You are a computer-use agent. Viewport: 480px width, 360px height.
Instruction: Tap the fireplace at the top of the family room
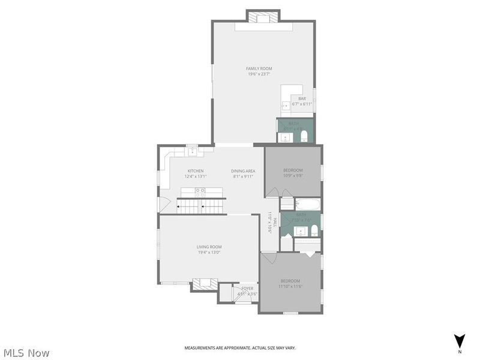point(263,17)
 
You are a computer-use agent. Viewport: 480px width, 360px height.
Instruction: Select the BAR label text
point(302,98)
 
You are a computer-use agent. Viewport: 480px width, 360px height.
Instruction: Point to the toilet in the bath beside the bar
point(304,136)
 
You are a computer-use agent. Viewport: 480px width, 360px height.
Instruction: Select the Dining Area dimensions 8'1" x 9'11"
point(243,176)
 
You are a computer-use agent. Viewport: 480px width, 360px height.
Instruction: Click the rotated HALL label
point(271,223)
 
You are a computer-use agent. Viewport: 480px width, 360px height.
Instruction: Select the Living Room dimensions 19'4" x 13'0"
point(209,253)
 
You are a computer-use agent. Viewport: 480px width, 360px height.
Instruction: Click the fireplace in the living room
point(204,284)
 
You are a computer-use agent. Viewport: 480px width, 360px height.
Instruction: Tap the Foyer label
point(247,289)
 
